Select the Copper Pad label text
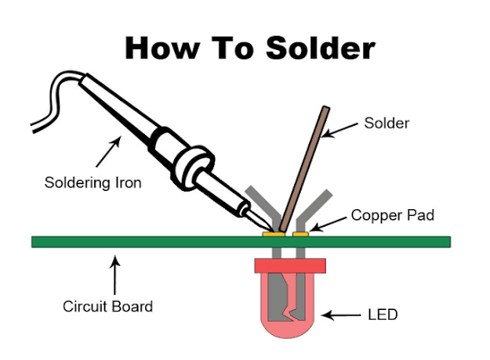point(392,215)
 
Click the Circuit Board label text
point(108,306)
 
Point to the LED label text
point(382,316)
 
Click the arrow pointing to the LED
point(341,316)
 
